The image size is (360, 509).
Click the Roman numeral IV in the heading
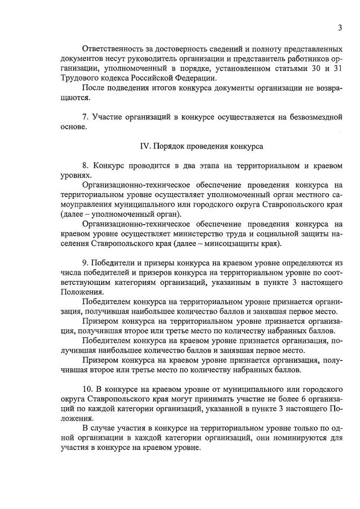coord(144,146)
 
